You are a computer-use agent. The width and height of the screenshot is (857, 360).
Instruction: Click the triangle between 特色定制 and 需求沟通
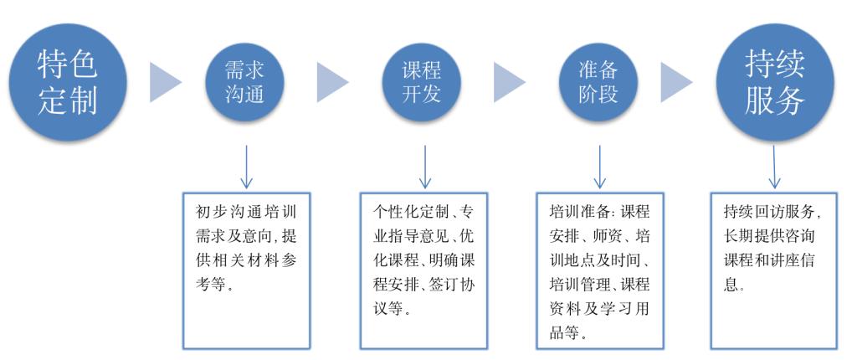165,82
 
